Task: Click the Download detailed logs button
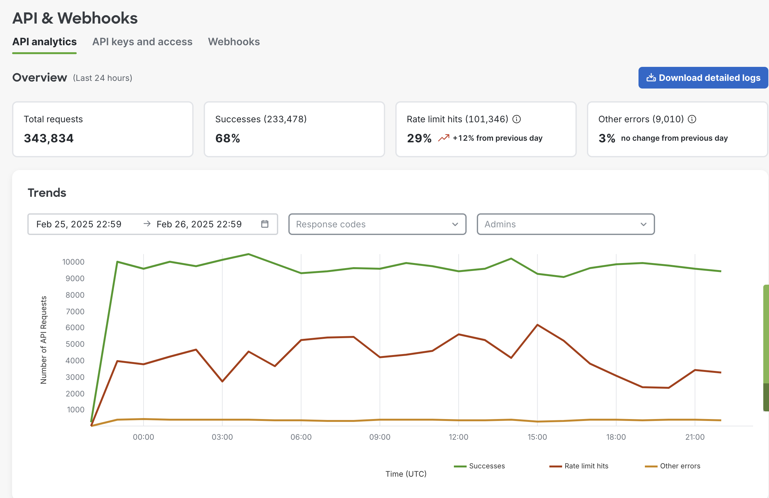(703, 78)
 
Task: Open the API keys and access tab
(142, 42)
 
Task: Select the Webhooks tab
(234, 42)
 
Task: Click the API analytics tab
(45, 42)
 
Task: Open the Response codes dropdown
(377, 224)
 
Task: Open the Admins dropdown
(565, 224)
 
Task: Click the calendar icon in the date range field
(265, 224)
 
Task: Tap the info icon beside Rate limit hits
(517, 119)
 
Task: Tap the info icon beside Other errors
(692, 119)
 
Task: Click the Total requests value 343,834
(49, 138)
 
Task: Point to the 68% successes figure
(228, 138)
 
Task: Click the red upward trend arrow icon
(443, 138)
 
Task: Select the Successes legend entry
(479, 466)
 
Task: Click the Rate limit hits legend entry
(579, 466)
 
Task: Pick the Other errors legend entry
(673, 466)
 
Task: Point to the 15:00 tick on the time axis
(537, 437)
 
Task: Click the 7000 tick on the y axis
(75, 311)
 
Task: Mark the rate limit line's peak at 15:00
(537, 325)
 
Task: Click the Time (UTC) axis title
(406, 474)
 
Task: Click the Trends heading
(47, 193)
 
